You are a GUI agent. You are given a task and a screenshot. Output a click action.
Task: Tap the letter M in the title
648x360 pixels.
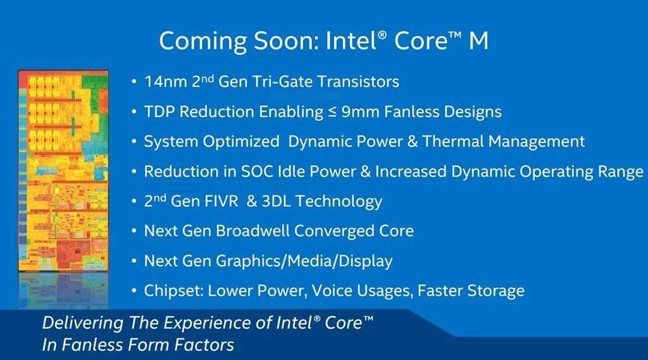coord(478,41)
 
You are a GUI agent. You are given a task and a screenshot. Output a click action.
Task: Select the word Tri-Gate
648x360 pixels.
coord(279,82)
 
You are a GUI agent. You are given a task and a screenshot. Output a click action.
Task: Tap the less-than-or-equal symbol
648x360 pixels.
coord(332,112)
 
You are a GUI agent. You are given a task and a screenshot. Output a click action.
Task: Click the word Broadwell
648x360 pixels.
coord(252,231)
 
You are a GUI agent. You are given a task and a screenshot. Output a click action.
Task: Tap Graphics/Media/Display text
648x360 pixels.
coord(304,261)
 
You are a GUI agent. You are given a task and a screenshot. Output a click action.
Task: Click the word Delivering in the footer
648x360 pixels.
coord(83,323)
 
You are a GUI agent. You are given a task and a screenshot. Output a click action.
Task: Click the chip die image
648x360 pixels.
coord(63,171)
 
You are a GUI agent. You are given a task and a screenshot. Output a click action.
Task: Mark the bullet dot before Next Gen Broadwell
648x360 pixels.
coord(134,231)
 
